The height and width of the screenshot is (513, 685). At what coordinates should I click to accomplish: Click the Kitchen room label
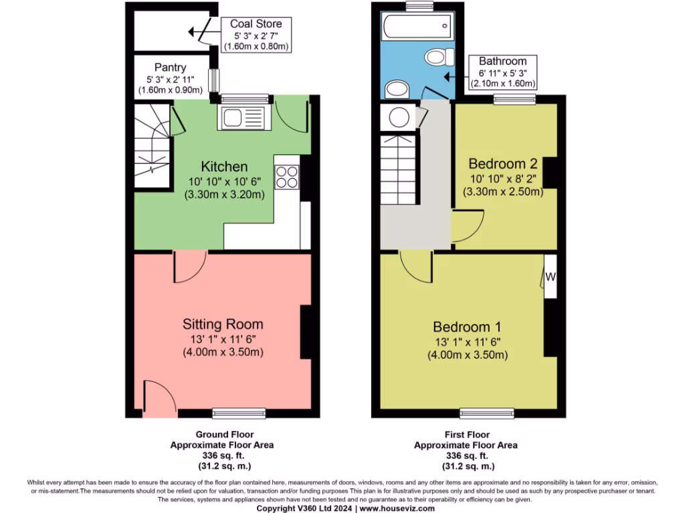tap(224, 166)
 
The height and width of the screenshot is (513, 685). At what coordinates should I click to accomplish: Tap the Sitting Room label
tap(223, 324)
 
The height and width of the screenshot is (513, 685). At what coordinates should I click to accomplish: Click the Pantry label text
tap(170, 67)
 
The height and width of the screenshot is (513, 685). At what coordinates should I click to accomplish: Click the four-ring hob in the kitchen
tap(287, 177)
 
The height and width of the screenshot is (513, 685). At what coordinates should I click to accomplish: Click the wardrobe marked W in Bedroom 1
tap(550, 275)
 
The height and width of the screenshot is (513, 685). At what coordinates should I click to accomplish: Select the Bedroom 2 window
tap(514, 100)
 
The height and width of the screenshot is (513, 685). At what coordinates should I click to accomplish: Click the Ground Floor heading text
tap(221, 434)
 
